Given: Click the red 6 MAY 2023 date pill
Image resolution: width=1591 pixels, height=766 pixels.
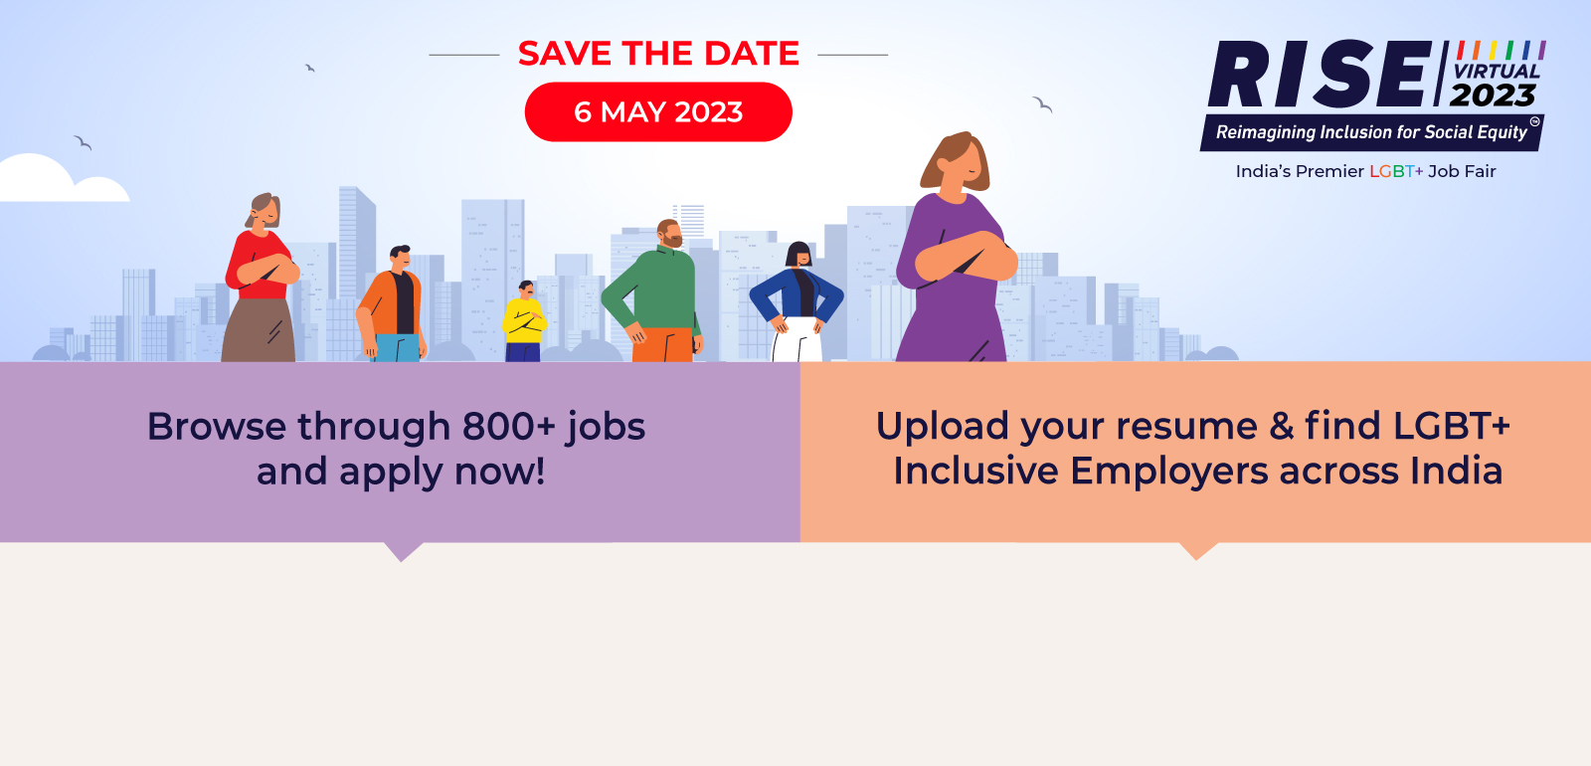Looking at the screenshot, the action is coord(658,111).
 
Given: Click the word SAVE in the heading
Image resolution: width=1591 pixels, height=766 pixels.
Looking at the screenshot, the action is coord(566,54).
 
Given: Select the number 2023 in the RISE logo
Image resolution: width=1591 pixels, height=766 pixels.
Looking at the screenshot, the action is coord(1493,95).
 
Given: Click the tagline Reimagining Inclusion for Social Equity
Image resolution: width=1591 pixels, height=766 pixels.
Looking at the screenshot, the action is coord(1371,132).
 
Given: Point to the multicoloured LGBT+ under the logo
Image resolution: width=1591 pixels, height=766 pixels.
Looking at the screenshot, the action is coord(1396,171).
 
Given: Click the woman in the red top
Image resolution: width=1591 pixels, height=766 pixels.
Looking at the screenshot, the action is coord(260,278).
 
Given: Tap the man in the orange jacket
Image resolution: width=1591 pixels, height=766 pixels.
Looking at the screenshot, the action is coord(392,303).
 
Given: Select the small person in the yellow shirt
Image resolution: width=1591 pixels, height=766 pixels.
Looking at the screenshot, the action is coord(524,321).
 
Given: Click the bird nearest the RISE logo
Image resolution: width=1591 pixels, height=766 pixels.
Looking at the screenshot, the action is coord(1042,104).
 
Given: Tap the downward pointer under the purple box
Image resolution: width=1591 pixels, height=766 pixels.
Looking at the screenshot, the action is coord(402,551).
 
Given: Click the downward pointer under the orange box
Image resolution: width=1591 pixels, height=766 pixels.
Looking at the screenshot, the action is coord(1197,551).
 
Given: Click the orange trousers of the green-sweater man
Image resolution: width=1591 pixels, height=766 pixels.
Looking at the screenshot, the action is coord(662,344).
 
